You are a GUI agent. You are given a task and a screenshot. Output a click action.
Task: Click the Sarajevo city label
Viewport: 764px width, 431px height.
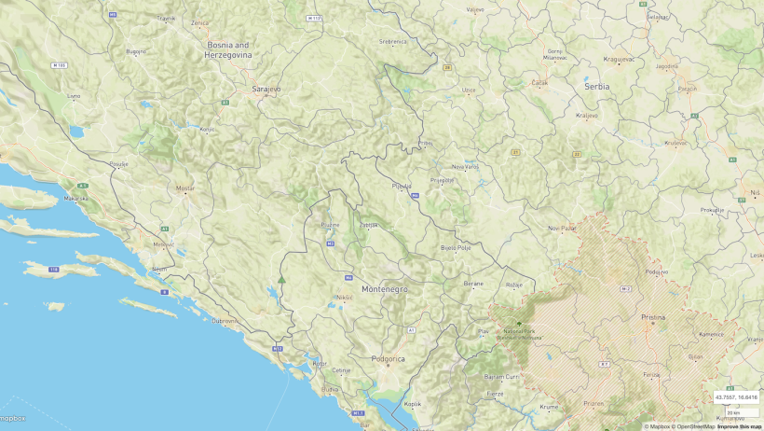[x=266, y=90]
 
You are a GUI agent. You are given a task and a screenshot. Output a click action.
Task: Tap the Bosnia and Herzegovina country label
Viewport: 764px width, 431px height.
[x=228, y=49]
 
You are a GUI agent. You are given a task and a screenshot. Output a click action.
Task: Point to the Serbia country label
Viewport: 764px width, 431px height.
[x=596, y=86]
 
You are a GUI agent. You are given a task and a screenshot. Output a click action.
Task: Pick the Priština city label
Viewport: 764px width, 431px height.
[x=653, y=317]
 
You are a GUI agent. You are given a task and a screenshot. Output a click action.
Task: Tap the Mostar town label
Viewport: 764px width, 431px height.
[x=185, y=188]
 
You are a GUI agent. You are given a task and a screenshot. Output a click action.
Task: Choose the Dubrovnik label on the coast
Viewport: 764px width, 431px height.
[x=225, y=321]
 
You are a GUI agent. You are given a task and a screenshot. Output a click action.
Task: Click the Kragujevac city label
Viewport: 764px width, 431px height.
[x=619, y=59]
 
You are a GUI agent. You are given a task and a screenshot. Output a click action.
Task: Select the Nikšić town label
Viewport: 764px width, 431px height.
[x=344, y=298]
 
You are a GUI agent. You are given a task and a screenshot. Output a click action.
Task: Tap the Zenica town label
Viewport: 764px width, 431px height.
[x=199, y=22]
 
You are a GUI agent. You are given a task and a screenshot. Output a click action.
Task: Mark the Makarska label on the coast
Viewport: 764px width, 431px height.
[x=76, y=199]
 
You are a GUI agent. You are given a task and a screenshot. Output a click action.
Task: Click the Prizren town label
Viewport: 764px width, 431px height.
[x=593, y=403]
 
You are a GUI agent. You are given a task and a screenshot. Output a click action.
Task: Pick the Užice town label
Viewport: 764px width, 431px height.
[x=469, y=90]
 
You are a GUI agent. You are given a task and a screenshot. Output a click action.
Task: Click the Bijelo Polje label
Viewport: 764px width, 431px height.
[x=456, y=248]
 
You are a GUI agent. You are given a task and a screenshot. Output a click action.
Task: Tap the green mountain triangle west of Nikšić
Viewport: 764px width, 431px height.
[x=281, y=279]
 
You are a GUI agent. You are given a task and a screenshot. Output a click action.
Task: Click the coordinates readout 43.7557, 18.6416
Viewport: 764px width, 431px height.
[x=735, y=397]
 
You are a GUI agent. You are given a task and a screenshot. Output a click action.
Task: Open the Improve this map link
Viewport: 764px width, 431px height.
[x=740, y=426]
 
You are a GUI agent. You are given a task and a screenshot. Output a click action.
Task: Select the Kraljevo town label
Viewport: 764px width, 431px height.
[x=586, y=116]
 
